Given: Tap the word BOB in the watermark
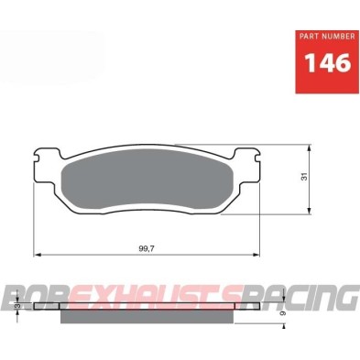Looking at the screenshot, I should (38, 299).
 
